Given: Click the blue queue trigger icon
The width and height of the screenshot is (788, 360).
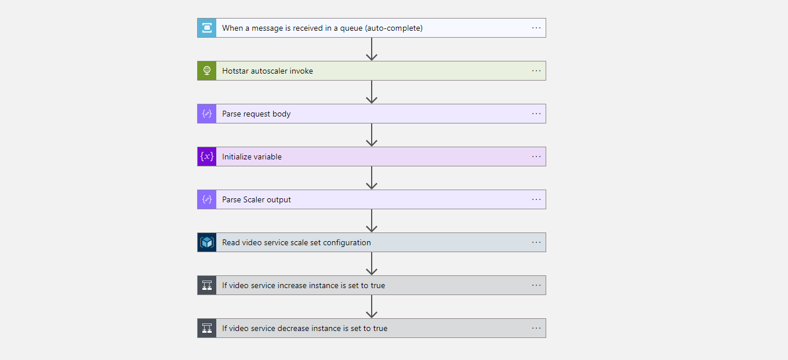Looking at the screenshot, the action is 207,28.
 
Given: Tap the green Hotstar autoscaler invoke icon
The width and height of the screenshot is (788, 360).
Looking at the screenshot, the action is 207,71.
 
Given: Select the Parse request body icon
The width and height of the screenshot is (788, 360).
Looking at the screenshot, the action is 207,114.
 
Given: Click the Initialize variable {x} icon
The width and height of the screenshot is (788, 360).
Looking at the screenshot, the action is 207,157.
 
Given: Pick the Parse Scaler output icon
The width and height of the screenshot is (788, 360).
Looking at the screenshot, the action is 207,199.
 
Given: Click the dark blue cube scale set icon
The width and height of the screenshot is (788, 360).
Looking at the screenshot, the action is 207,242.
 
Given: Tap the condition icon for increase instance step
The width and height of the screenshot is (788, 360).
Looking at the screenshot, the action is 207,285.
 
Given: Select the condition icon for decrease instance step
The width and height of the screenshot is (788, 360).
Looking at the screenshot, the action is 207,328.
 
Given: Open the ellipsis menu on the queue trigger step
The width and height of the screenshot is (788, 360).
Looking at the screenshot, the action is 536,28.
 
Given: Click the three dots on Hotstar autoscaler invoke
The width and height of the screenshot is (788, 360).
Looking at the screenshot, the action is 536,71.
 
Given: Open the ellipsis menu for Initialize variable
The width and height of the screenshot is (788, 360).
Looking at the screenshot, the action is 536,157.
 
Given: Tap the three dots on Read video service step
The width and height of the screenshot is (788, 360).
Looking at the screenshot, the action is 536,242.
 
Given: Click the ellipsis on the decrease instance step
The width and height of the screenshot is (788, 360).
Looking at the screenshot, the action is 536,328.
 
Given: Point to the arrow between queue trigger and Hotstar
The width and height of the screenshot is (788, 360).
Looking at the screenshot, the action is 372,49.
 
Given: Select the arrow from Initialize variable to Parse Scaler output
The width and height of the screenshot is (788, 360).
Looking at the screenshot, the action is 372,178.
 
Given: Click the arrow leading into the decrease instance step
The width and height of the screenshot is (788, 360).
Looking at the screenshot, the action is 372,307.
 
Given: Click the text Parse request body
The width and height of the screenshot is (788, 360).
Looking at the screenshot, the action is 256,114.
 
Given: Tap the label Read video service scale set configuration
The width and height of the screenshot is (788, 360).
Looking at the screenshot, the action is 296,242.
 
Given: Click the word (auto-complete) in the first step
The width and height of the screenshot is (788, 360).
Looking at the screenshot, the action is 394,28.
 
